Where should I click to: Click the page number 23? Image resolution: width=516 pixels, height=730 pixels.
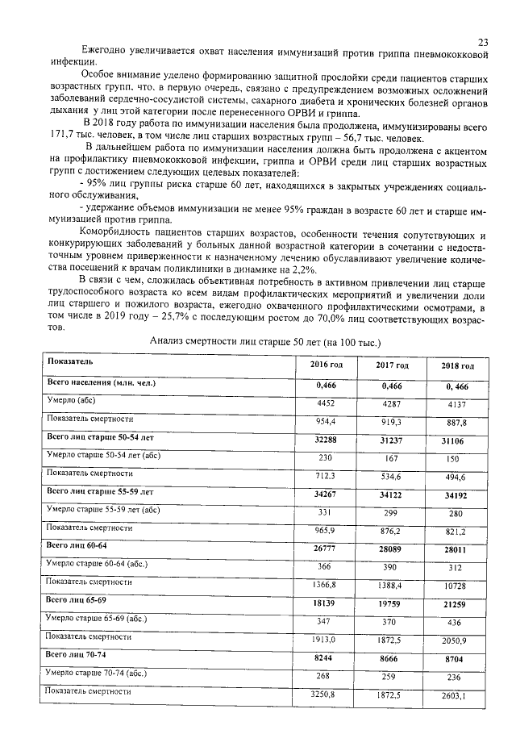tap(482, 42)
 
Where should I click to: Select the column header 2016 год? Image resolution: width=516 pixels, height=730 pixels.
tap(327, 365)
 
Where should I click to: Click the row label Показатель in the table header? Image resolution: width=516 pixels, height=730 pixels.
tap(71, 361)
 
